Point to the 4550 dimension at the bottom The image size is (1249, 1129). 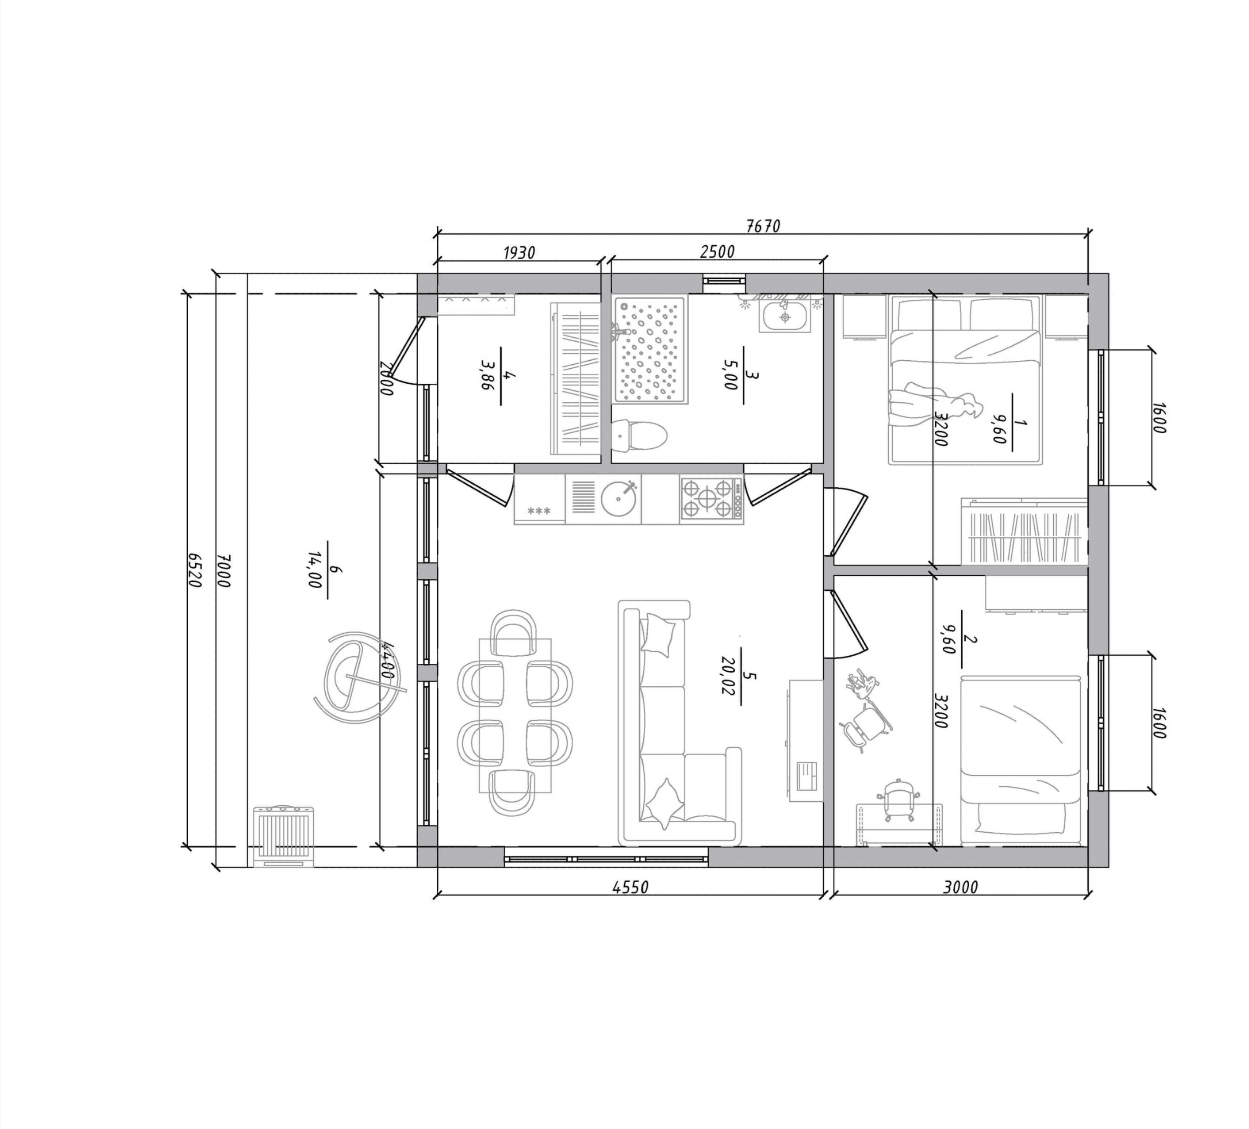630,887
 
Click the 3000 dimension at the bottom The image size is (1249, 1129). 960,887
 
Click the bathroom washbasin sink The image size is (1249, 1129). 784,317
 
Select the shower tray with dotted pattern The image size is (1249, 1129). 650,350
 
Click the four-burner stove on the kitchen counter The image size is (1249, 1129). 712,499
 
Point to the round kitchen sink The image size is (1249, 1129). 620,498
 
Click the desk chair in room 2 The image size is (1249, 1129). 898,800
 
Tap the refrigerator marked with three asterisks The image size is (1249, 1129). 539,500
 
